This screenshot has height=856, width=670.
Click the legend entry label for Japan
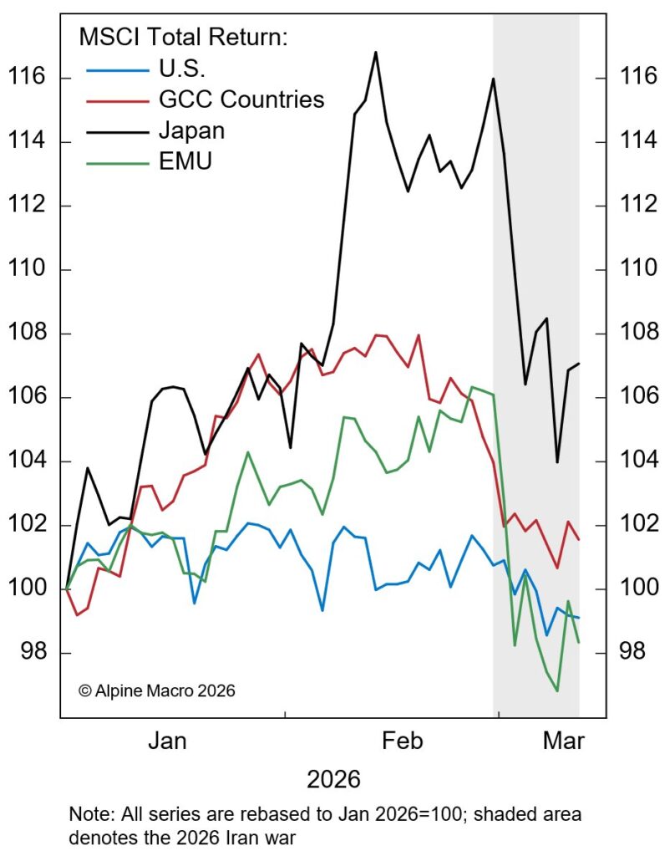click(191, 131)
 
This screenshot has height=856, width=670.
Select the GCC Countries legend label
click(241, 100)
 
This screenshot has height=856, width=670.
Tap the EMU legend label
click(185, 161)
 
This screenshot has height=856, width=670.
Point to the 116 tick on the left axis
click(26, 79)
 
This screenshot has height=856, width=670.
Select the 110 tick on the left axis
click(26, 270)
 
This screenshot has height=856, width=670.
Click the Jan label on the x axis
click(172, 741)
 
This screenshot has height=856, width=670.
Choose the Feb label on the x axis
click(402, 741)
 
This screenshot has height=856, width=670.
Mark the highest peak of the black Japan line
click(375, 53)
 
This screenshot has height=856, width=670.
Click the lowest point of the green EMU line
click(557, 691)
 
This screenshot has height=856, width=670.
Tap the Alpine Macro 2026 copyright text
click(157, 691)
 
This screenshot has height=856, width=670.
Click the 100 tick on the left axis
click(26, 589)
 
